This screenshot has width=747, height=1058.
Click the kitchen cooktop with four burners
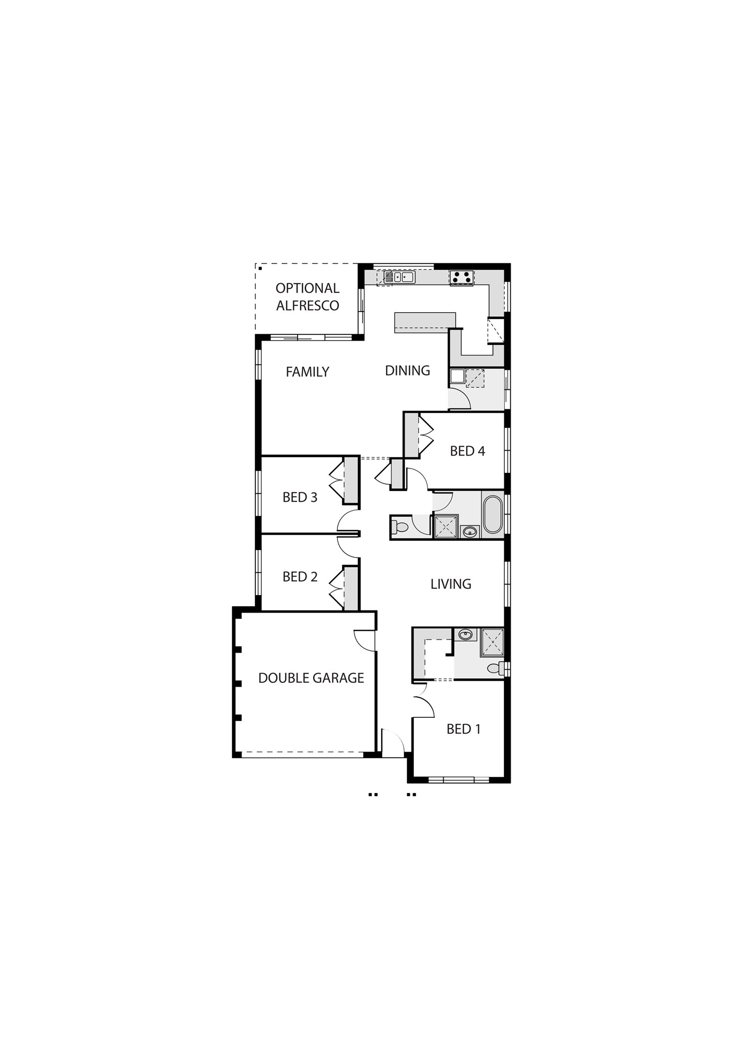(462, 277)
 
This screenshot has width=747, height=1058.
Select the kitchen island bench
(425, 322)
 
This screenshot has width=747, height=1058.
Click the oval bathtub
(492, 514)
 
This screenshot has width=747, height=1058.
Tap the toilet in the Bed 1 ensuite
(495, 668)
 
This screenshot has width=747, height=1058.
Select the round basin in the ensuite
(465, 634)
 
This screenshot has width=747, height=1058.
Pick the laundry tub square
(457, 376)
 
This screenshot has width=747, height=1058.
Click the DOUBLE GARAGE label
(311, 678)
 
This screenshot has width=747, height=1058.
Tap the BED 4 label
(467, 451)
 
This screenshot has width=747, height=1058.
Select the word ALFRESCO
(308, 305)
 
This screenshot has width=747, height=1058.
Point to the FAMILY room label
(307, 372)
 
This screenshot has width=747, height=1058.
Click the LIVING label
(450, 584)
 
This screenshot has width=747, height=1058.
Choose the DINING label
(407, 370)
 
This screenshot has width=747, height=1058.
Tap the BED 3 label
(300, 497)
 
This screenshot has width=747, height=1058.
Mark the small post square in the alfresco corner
(260, 268)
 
